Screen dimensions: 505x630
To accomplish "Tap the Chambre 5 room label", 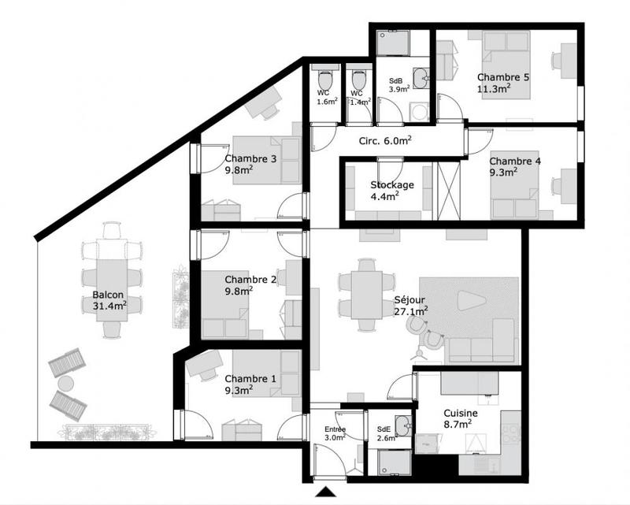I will tap(503, 83).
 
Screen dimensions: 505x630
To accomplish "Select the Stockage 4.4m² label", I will tap(392, 191).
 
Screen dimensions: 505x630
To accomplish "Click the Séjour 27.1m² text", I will tap(410, 306).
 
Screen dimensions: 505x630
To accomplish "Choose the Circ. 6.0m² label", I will tap(387, 141).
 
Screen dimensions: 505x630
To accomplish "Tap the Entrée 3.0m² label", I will tap(335, 433).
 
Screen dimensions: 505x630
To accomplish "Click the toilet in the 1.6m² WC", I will tap(324, 80).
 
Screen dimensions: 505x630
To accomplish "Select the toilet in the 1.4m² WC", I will tap(359, 80).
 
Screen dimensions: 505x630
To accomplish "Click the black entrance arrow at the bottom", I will tap(326, 493).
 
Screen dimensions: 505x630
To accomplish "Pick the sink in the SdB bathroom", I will tap(421, 76).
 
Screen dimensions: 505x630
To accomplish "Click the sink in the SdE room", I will tap(402, 426).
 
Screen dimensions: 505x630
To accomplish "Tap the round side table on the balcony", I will tap(65, 384).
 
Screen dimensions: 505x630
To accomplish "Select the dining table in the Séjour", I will tap(366, 294).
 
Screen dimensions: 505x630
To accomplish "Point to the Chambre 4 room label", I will tap(514, 165).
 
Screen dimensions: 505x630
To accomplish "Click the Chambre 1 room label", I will tap(250, 384).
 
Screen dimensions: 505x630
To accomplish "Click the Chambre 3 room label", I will tap(250, 163).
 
